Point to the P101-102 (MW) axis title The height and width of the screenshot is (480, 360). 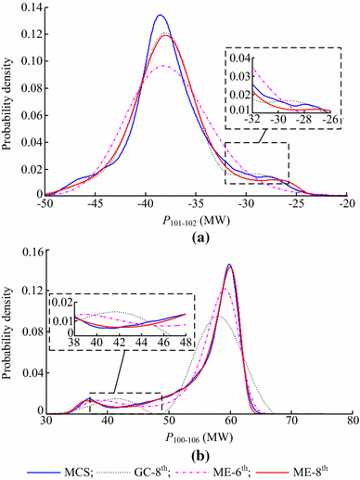pos(197,222)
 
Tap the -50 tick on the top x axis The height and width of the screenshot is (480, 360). pos(45,204)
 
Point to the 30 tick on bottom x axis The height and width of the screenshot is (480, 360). pos(46,420)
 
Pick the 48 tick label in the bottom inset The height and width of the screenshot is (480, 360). pos(186,343)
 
